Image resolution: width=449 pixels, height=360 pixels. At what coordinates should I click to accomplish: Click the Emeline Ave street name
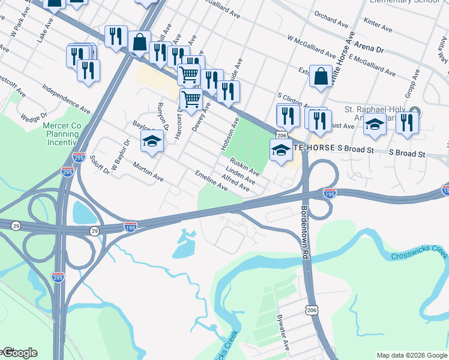tap(211, 181)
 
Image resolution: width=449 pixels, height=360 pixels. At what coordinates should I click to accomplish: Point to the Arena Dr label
tap(368, 45)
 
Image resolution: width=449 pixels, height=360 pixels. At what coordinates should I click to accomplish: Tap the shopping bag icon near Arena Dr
tap(321, 77)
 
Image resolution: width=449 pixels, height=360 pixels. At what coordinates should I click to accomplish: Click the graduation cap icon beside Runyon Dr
tap(152, 142)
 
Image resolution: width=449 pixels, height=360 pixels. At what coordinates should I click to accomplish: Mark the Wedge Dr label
tap(34, 118)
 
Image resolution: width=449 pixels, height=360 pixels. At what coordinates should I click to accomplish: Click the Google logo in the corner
tap(19, 353)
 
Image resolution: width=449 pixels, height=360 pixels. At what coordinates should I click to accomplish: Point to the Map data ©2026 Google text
tap(411, 355)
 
